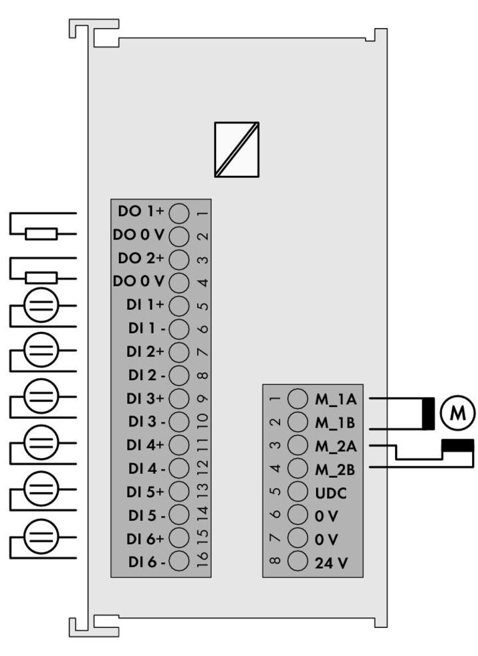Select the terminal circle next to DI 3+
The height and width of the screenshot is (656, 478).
pyautogui.click(x=178, y=398)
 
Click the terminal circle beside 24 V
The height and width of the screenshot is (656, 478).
pyautogui.click(x=297, y=562)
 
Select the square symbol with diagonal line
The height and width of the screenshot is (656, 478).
pyautogui.click(x=237, y=149)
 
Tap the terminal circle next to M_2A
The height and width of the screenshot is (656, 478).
pyautogui.click(x=297, y=445)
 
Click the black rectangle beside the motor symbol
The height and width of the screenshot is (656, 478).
pyautogui.click(x=427, y=413)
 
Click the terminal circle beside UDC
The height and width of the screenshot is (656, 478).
pyautogui.click(x=297, y=492)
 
